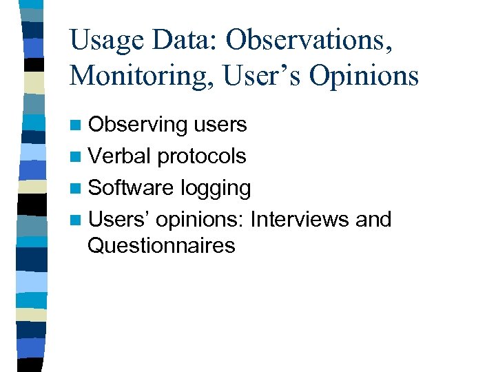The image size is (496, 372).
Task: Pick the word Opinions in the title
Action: tap(364, 75)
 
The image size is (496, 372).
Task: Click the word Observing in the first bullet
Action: tap(138, 125)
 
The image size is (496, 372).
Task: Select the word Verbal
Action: tap(120, 156)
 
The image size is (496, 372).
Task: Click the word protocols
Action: tap(201, 156)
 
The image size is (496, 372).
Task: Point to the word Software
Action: tap(131, 188)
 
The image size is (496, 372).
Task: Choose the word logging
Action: tap(215, 188)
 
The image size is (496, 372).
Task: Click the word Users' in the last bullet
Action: tap(119, 220)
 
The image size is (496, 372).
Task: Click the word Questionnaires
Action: tap(161, 245)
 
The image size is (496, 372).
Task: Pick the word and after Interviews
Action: tap(373, 220)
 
